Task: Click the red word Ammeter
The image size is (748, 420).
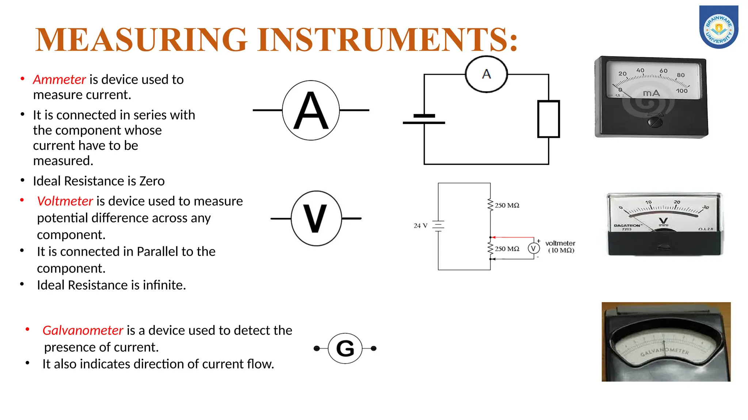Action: click(59, 79)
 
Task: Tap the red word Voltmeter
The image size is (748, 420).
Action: click(65, 201)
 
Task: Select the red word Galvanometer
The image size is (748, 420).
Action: click(83, 330)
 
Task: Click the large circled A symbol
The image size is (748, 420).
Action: click(311, 110)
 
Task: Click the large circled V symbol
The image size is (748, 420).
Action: click(316, 218)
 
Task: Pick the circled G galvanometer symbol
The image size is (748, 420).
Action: click(345, 348)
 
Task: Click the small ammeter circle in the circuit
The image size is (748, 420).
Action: click(486, 74)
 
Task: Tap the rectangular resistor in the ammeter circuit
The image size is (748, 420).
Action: click(548, 119)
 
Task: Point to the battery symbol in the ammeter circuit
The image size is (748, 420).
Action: click(424, 119)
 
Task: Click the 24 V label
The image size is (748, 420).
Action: click(420, 226)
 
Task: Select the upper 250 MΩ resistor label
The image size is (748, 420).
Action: click(507, 205)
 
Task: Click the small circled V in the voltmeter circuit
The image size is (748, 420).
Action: click(534, 248)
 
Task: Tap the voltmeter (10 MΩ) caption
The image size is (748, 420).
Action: click(560, 247)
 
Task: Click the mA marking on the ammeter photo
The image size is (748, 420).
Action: click(651, 93)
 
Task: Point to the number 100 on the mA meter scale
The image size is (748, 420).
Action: click(682, 91)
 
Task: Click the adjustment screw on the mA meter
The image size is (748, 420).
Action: click(655, 121)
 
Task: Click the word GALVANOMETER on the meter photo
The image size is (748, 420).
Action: click(665, 351)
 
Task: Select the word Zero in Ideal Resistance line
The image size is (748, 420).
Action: click(151, 181)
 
